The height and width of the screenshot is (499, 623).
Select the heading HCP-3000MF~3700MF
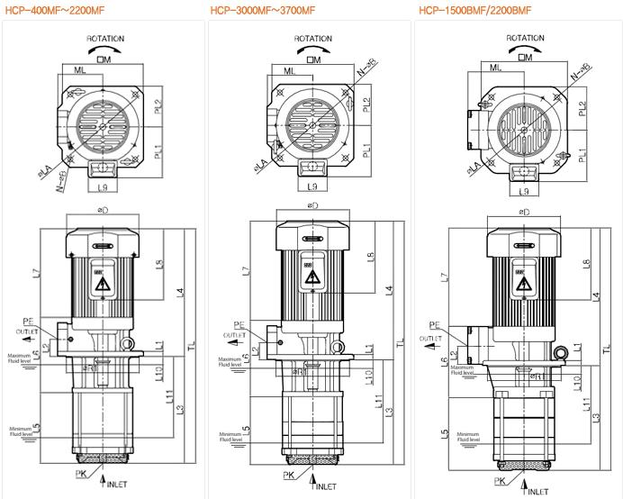tap(263, 11)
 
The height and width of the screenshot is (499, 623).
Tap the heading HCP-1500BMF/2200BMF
tap(474, 11)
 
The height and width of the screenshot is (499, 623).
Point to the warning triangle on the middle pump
tap(312, 279)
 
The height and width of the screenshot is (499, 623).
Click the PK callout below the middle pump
tap(289, 475)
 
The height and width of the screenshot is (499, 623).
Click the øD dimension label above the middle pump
tap(312, 206)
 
